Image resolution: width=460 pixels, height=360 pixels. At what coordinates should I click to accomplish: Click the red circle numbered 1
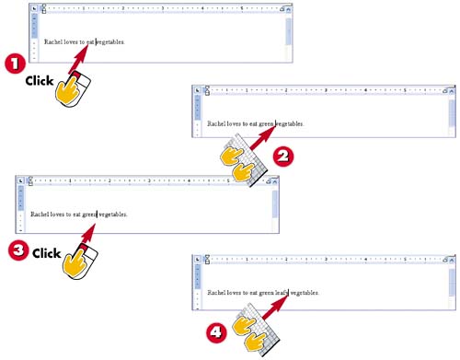pos(15,64)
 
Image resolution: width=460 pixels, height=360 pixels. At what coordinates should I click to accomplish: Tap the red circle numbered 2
pos(283,157)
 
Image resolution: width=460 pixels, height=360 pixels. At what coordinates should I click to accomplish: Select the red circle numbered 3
pos(18,250)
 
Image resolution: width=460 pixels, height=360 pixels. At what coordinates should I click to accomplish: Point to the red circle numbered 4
pos(216,332)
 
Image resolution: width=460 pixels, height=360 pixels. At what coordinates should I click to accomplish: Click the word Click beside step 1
pos(40,81)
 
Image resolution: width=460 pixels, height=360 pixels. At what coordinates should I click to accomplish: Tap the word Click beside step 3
pos(47,253)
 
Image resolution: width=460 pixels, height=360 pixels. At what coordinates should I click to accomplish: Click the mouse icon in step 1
pos(73,90)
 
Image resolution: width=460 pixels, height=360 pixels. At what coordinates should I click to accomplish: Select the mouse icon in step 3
pos(80,261)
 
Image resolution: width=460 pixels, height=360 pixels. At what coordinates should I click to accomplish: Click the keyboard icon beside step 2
pos(244,160)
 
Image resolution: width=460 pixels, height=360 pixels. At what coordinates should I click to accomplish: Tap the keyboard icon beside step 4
pos(256,330)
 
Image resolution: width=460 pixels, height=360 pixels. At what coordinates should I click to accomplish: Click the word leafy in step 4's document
pos(282,293)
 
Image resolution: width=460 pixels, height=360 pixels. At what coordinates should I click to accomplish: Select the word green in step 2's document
pos(266,124)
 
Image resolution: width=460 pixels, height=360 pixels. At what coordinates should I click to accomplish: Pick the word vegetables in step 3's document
pos(113,215)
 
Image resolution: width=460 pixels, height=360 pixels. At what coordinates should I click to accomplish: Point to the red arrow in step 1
pos(78,59)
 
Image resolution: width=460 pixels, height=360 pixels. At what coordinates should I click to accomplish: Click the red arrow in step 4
pos(276,307)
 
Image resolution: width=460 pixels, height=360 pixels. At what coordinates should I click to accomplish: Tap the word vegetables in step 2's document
pos(290,124)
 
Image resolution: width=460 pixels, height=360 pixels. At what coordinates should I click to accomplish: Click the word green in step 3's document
pos(89,215)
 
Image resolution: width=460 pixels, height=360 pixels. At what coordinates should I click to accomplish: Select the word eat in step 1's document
pos(90,42)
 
